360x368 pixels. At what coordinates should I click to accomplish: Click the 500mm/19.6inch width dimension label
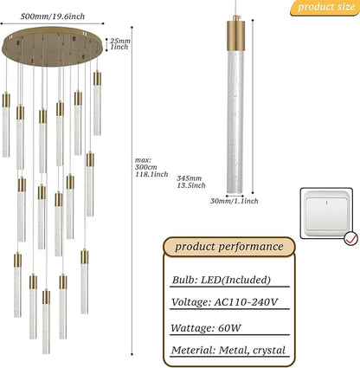tap(53, 16)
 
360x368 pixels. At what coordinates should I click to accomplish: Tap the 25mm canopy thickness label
tap(120, 41)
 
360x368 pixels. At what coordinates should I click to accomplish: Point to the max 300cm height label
tap(146, 164)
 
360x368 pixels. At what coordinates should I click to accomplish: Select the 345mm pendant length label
tap(190, 178)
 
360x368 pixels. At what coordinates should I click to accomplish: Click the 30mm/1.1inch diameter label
tap(234, 201)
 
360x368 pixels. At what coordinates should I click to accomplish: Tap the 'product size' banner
tap(325, 7)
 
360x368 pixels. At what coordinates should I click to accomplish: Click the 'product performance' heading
tap(229, 247)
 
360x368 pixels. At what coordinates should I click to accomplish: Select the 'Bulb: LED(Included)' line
tap(222, 280)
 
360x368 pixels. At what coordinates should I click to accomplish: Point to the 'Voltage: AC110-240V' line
tap(224, 302)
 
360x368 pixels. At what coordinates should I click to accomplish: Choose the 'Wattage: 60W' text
tap(206, 328)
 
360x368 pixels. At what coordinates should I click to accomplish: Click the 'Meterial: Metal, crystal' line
tap(228, 350)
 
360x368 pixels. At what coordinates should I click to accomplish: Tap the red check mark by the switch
tap(351, 238)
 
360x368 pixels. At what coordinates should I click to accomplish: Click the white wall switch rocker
tap(326, 213)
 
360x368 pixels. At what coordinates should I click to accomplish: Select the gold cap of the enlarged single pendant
tap(235, 34)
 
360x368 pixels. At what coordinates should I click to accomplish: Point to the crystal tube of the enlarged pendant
tap(235, 122)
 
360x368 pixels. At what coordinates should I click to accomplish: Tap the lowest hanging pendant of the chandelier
tap(46, 321)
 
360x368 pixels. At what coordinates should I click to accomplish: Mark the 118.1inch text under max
tap(151, 174)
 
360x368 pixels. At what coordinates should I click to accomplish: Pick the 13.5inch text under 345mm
tap(191, 185)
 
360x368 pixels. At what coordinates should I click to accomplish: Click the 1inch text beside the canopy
tap(119, 47)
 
